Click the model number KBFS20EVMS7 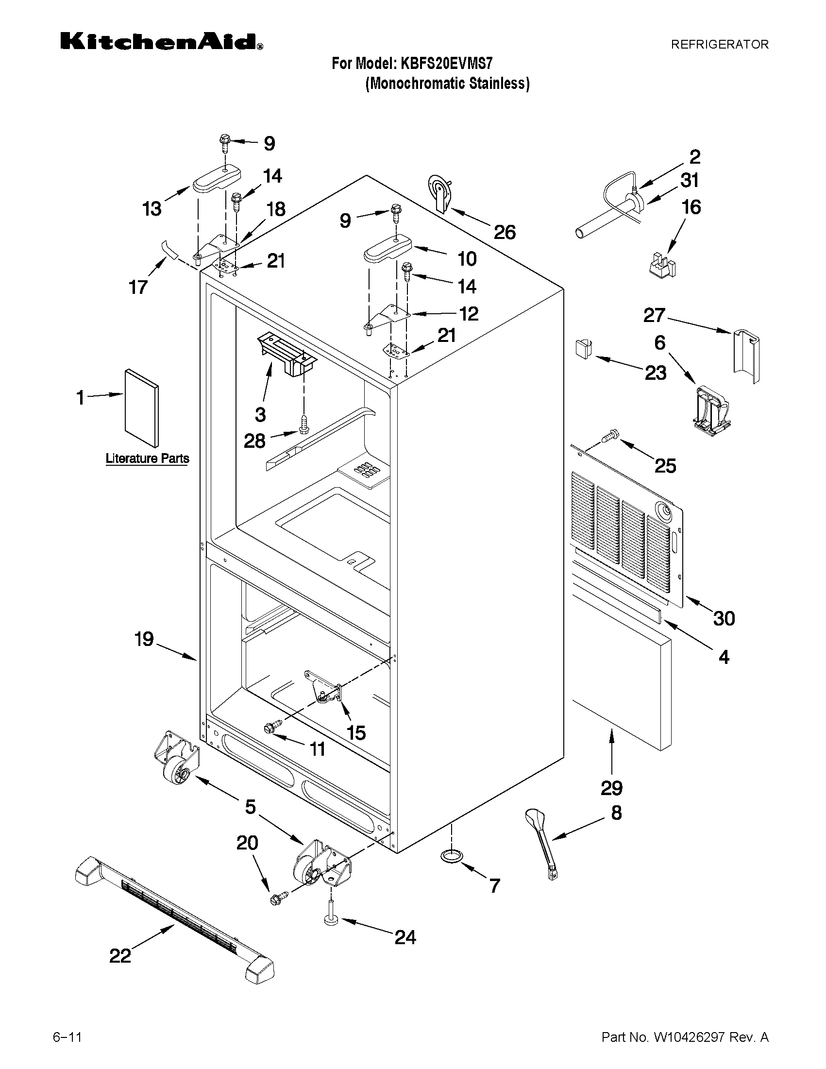[x=446, y=64]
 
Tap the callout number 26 [x=504, y=232]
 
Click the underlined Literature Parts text [x=147, y=458]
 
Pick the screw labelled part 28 [x=303, y=424]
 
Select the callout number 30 [x=723, y=618]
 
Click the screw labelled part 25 [x=611, y=434]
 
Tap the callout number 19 [x=144, y=639]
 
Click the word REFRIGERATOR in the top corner [x=719, y=45]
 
